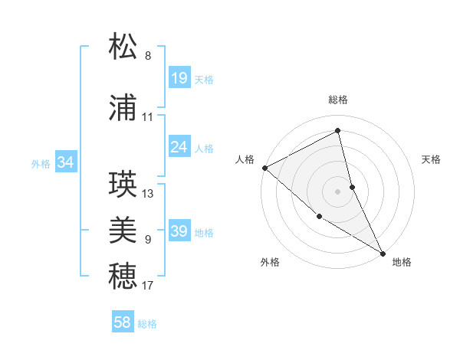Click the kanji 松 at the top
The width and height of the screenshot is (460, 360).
tap(123, 47)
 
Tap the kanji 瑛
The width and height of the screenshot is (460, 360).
tap(123, 185)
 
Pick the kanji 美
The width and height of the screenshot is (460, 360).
tap(123, 231)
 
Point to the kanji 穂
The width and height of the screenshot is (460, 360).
tap(123, 277)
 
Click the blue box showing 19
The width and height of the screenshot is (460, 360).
tap(179, 78)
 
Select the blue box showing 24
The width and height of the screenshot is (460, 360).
tap(179, 147)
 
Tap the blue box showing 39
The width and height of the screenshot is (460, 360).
tap(179, 231)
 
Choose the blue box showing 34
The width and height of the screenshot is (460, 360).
tap(66, 162)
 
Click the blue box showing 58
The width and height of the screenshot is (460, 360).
tap(123, 322)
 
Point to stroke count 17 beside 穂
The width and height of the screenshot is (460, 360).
tap(148, 286)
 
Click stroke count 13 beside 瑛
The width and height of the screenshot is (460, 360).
tap(148, 194)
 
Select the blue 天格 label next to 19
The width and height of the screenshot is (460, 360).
tap(204, 79)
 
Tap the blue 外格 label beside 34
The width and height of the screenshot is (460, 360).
tap(41, 163)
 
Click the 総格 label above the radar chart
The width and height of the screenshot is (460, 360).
tap(338, 100)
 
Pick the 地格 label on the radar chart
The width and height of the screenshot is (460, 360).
tap(402, 262)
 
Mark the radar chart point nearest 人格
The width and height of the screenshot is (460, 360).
tap(264, 168)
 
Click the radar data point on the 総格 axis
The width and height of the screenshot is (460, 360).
tap(338, 131)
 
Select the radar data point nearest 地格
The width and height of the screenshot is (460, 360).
tap(383, 252)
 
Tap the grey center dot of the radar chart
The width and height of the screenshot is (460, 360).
tap(338, 191)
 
